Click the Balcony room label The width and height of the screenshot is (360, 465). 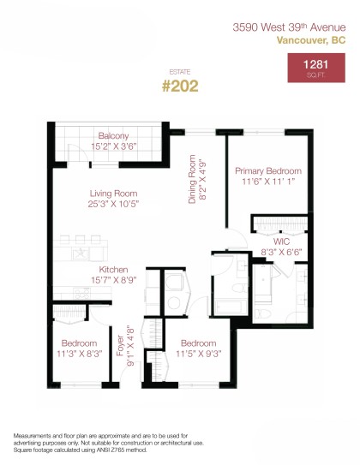coord(113,136)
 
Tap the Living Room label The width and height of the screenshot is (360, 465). coord(113,194)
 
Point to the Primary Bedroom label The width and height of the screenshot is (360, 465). coord(267,171)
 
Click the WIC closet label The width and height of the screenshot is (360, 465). coord(281,242)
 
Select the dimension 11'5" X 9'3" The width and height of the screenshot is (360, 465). coord(197,352)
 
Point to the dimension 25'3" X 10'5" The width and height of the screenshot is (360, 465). coord(113,205)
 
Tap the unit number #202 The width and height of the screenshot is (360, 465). coord(179,86)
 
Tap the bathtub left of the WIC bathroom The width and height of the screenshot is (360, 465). coord(227,305)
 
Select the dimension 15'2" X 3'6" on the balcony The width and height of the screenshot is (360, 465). coord(113,146)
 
